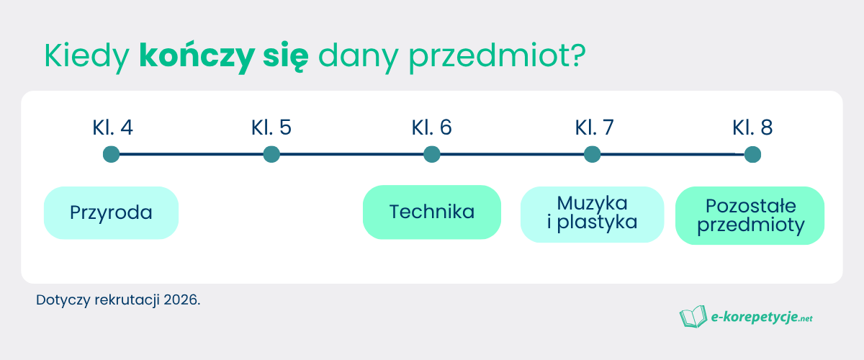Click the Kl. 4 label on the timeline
pos(112,128)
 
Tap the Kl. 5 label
pos(271,128)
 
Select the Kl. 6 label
pos(432,128)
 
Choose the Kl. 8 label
pos(752,128)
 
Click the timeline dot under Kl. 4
pos(111,154)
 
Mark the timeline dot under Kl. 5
pos(271,154)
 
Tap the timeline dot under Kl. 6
pos(432,154)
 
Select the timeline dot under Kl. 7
pos(592,154)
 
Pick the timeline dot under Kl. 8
pos(752,154)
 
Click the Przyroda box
pos(111,212)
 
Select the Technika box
pos(432,212)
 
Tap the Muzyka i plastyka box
pos(592,214)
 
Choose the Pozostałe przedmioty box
pos(750,215)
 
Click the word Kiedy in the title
pos(86,57)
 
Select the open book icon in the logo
pos(693,316)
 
